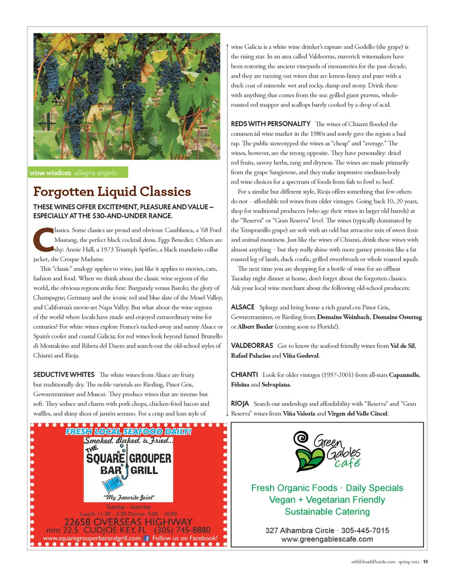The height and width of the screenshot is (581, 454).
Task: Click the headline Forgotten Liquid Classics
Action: pos(112,192)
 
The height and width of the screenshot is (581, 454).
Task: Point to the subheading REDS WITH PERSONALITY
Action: pos(271,124)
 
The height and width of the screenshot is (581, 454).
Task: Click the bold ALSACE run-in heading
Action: pos(243,307)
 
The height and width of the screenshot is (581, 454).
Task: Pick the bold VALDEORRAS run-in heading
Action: pos(252,345)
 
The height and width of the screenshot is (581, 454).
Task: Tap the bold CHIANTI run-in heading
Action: pos(244,375)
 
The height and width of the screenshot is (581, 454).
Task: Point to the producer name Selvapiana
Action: pos(276,385)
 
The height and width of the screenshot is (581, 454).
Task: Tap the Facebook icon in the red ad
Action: pos(147,538)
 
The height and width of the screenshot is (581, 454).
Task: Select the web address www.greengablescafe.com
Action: pos(327,539)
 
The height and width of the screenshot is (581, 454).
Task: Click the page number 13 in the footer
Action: pos(425,562)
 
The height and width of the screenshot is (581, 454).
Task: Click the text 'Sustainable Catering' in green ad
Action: pos(327,511)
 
